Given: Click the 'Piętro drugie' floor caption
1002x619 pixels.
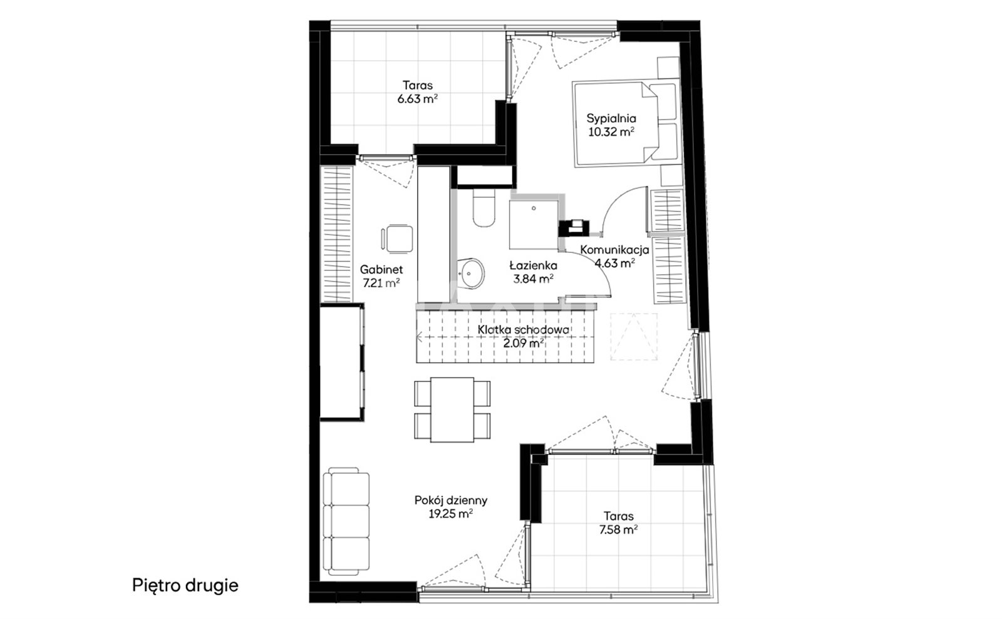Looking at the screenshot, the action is (x=185, y=585).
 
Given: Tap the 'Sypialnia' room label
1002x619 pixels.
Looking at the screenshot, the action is (x=611, y=118).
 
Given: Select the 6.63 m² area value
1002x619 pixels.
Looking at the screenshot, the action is (x=417, y=99).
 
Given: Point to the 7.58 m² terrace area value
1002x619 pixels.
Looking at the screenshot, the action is (x=618, y=529).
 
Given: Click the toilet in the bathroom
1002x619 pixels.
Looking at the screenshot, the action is (x=483, y=207).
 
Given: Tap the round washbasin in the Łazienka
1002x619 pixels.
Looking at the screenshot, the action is (x=471, y=273).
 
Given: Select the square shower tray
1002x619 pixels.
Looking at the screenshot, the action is (x=534, y=225).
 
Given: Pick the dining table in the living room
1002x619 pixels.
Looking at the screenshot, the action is (x=452, y=410).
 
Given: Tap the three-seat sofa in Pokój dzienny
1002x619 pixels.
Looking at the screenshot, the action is (x=346, y=521).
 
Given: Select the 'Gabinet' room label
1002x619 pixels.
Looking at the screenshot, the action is (x=381, y=270).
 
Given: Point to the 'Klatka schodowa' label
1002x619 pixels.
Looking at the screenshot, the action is (x=524, y=330).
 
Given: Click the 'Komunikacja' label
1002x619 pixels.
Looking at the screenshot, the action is (x=614, y=249).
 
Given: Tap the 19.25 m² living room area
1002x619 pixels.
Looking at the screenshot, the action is (x=450, y=514).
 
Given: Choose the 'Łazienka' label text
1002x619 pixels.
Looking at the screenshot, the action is (x=533, y=265).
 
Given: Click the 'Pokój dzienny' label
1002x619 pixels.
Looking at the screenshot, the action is (x=450, y=500).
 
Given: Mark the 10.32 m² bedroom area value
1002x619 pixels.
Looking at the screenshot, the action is (x=611, y=132).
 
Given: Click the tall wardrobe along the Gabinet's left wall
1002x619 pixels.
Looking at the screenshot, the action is (x=337, y=233).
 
